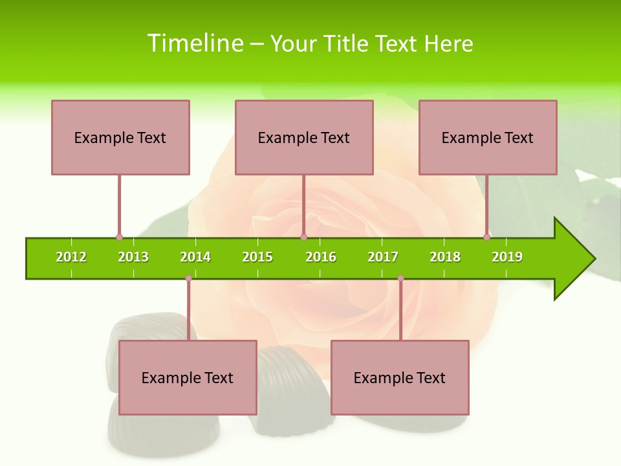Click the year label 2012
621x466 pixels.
[71, 257]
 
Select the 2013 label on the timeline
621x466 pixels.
[133, 257]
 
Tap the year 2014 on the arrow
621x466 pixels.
[195, 257]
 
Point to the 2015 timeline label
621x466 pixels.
[257, 257]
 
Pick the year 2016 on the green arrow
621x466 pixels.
[321, 257]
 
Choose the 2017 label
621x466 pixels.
[383, 257]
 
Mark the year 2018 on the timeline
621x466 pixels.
[445, 257]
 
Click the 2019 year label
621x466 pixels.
[507, 257]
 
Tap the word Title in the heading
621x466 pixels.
[347, 43]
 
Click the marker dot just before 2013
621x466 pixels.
[119, 237]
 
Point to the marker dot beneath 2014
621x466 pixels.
[188, 278]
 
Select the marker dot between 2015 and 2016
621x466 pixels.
[303, 237]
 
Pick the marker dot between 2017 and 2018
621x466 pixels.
[400, 278]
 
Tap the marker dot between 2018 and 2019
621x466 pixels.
[487, 237]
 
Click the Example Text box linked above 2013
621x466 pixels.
[120, 137]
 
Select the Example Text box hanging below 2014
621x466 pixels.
[188, 377]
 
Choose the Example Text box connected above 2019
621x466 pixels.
[488, 137]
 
